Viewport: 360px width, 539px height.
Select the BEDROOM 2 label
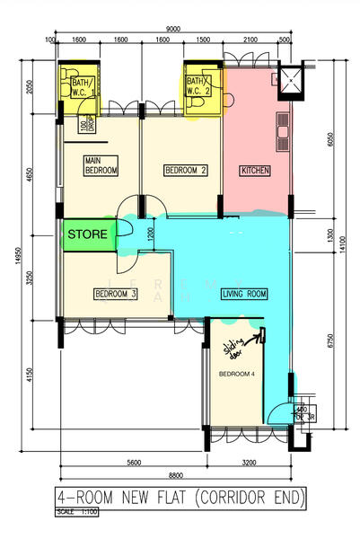coord(186,170)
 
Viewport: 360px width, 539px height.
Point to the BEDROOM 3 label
coord(115,294)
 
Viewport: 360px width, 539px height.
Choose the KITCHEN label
coord(256,170)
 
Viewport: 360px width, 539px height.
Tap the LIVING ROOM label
coord(245,294)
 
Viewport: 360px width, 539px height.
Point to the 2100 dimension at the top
coord(249,40)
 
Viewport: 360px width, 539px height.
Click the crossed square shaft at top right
coord(291,78)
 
